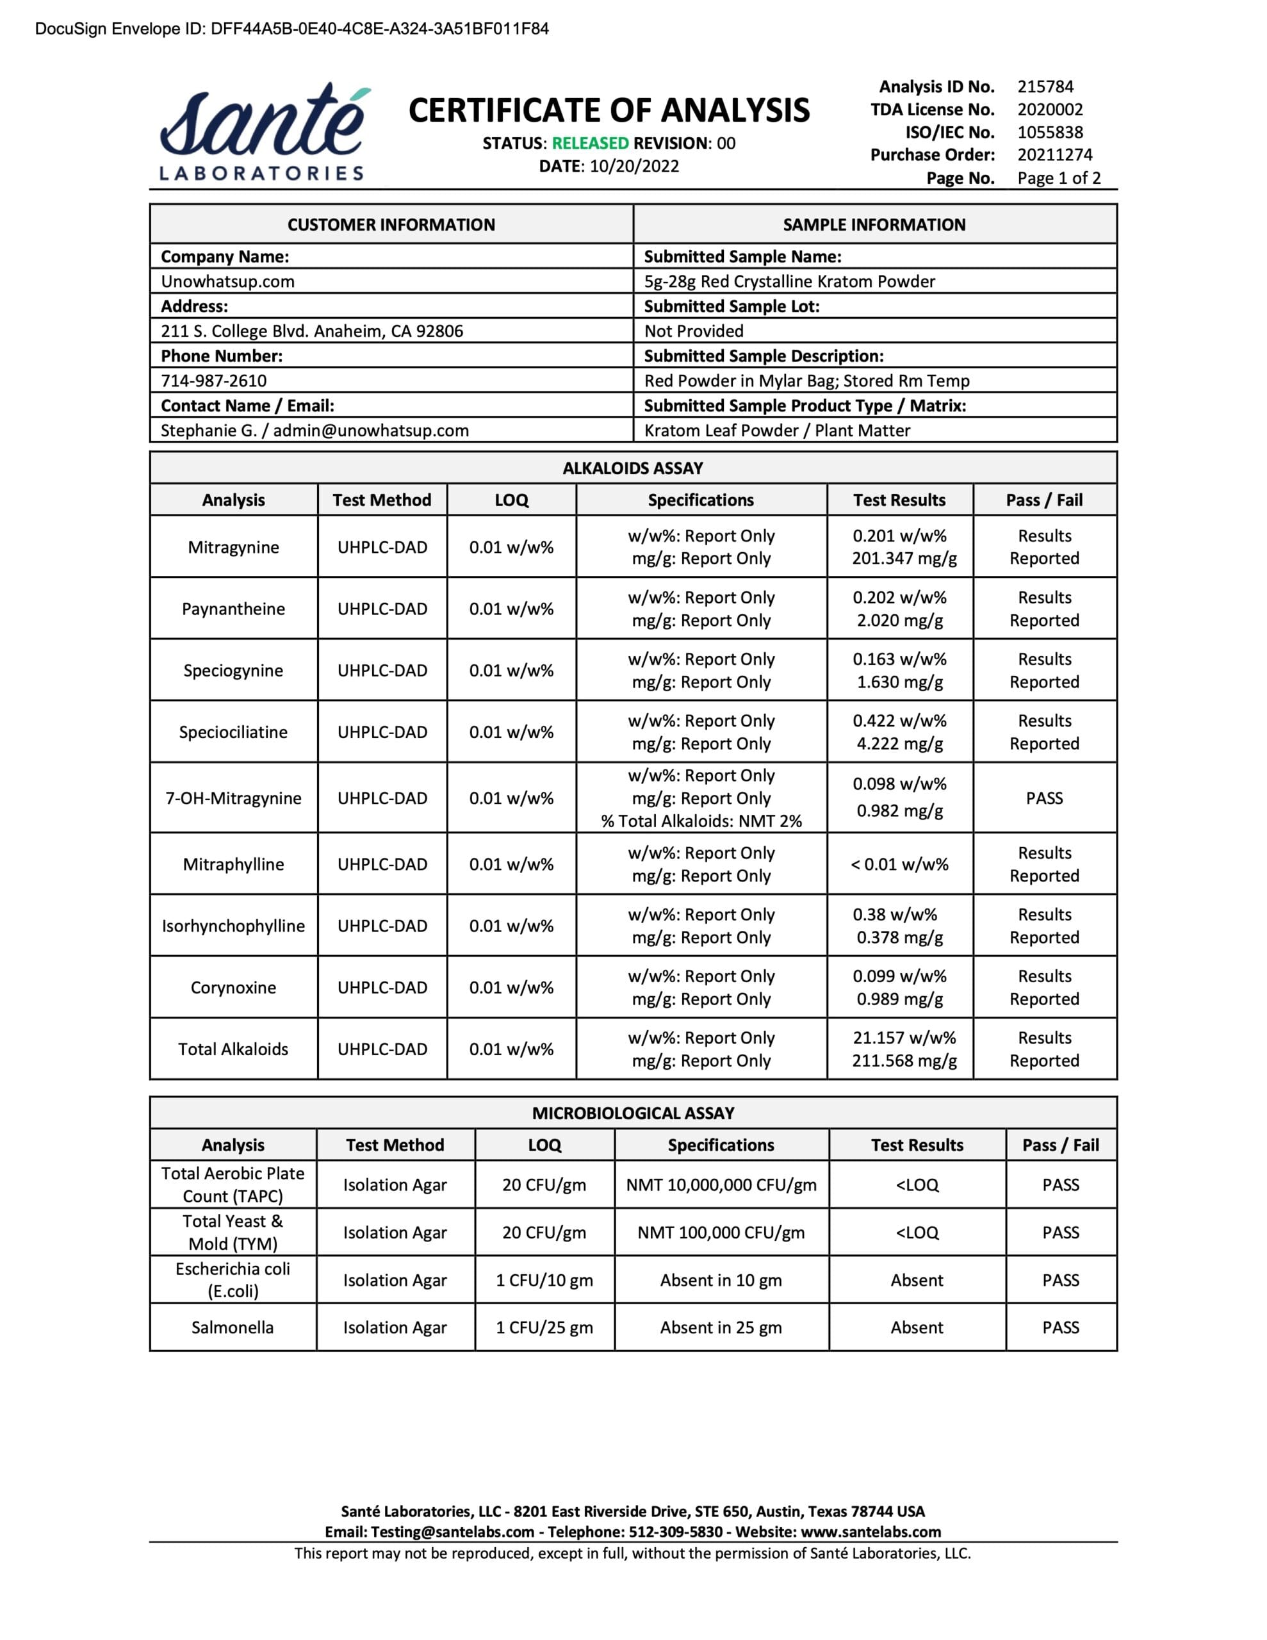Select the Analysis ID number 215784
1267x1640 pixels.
tap(1045, 86)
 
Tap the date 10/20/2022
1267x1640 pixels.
tap(634, 166)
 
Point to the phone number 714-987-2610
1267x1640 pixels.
tap(213, 381)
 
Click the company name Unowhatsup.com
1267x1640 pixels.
tap(227, 282)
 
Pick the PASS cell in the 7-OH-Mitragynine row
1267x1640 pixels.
tap(1044, 798)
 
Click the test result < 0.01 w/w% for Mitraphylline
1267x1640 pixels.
tap(899, 864)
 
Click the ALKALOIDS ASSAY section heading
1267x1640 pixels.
tap(632, 468)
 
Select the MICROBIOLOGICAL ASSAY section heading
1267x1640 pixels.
tap(632, 1113)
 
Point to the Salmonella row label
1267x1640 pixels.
tap(232, 1327)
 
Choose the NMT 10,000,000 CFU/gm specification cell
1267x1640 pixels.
tap(721, 1185)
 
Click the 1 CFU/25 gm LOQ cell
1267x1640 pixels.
tap(544, 1327)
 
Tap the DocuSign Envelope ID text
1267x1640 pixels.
tap(291, 29)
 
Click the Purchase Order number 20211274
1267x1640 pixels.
tap(1054, 154)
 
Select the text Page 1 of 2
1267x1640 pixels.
tap(1058, 178)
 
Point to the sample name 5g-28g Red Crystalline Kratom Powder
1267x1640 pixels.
tap(789, 282)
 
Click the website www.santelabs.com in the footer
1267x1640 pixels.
tap(871, 1532)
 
